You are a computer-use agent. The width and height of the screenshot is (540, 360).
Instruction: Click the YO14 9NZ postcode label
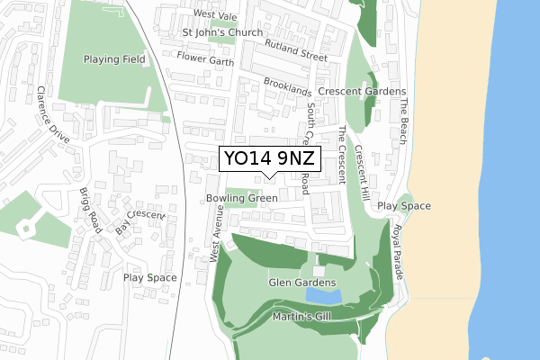pos(270,158)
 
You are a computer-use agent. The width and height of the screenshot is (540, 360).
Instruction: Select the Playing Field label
pos(114,59)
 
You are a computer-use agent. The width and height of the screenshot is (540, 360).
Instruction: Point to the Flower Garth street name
pos(205,62)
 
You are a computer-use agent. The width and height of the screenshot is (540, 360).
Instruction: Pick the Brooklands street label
pos(288,87)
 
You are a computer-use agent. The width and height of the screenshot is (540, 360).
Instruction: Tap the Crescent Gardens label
pos(362,92)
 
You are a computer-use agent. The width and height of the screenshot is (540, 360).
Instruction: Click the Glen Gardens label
pos(302,283)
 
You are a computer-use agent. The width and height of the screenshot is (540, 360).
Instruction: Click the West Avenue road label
pos(216,232)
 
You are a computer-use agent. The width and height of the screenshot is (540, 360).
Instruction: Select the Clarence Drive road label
pos(53,114)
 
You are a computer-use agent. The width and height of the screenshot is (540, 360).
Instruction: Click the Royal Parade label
pos(396,248)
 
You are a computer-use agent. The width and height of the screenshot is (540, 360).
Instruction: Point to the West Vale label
pos(215,16)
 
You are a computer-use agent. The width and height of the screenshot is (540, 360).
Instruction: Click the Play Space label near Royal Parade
pos(404,206)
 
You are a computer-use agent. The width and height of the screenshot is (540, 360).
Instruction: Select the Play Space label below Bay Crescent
pos(149,277)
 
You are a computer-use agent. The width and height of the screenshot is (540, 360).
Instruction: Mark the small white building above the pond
pos(319,271)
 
